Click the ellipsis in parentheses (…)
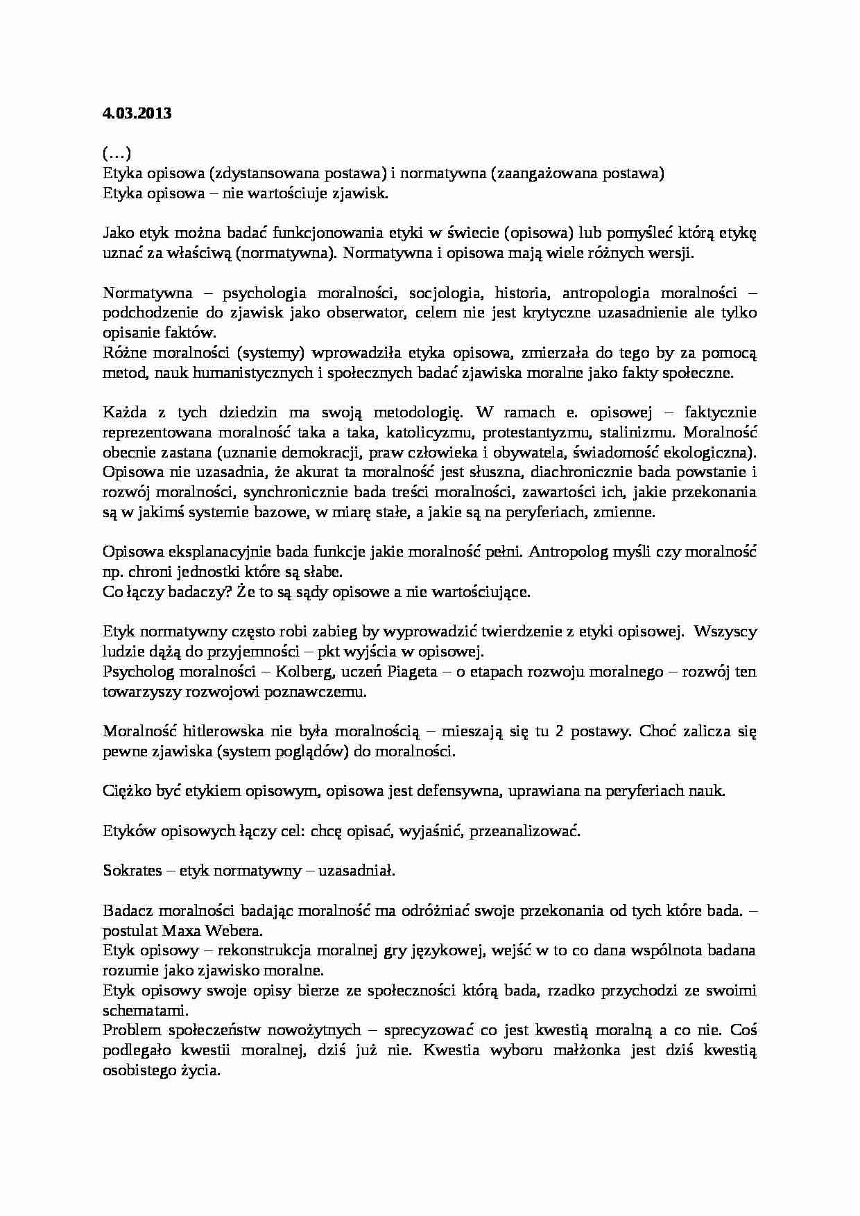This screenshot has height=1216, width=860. pos(117,153)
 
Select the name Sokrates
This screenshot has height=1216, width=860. pos(132,871)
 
